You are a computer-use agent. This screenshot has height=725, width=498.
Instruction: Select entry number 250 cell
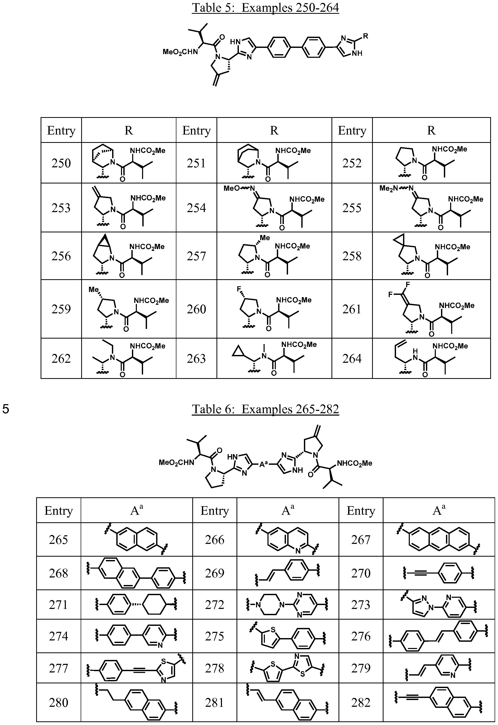(61, 163)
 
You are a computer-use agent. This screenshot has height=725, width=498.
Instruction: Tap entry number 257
(196, 256)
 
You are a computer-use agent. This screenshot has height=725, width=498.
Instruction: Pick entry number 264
(352, 359)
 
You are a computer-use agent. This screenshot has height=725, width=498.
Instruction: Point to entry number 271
(58, 605)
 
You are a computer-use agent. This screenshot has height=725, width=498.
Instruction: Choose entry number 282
(361, 703)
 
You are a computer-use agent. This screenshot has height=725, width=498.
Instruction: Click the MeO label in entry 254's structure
(232, 188)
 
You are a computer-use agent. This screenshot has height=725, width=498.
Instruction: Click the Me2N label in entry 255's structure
(388, 188)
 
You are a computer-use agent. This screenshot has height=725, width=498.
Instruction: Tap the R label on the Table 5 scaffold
(366, 36)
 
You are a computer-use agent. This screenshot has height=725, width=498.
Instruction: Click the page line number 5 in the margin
(6, 409)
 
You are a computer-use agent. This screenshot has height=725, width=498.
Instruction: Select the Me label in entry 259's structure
(93, 289)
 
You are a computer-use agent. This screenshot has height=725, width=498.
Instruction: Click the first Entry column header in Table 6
(58, 511)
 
